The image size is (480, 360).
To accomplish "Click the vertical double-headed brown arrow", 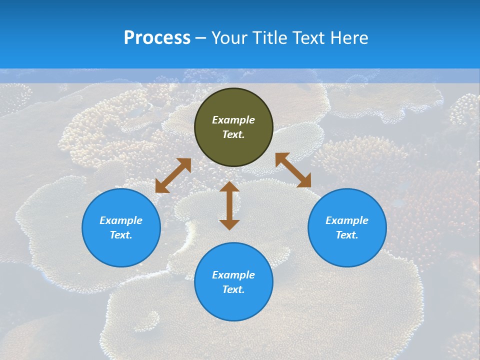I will pyautogui.click(x=229, y=205).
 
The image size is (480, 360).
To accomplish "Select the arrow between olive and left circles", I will pyautogui.click(x=173, y=175).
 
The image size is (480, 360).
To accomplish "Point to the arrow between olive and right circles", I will pyautogui.click(x=293, y=170).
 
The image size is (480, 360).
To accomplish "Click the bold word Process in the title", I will pyautogui.click(x=157, y=37).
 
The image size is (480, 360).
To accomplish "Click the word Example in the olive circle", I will pyautogui.click(x=233, y=120).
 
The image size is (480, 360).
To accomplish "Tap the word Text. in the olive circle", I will pyautogui.click(x=233, y=134).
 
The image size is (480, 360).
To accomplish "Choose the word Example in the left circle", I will pyautogui.click(x=121, y=220).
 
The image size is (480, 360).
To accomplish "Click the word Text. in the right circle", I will pyautogui.click(x=347, y=235).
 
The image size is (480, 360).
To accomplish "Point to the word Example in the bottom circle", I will pyautogui.click(x=233, y=275).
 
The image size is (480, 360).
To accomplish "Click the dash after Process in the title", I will pyautogui.click(x=201, y=38).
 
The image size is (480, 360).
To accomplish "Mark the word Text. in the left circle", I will pyautogui.click(x=121, y=235).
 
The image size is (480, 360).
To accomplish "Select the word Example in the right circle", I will pyautogui.click(x=347, y=220).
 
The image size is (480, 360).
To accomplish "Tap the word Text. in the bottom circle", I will pyautogui.click(x=233, y=289).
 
